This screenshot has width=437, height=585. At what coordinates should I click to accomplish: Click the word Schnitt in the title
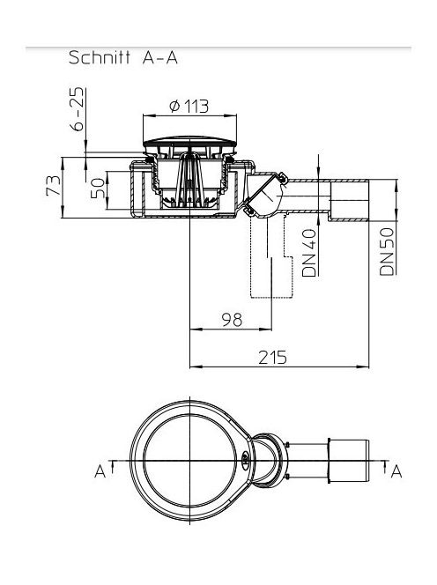pos(100,57)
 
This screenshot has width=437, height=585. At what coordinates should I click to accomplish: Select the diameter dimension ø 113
pos(189,107)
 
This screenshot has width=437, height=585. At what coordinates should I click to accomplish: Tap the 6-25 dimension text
pos(78,109)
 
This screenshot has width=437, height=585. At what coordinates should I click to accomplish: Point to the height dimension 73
pos(54,185)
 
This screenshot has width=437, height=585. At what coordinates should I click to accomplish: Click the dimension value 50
pos(98,188)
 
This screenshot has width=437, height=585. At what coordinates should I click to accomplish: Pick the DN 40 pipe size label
pos(309,253)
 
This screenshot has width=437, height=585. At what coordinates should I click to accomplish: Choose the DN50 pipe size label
pos(387,251)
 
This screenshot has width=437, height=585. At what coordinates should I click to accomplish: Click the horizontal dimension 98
pos(232,320)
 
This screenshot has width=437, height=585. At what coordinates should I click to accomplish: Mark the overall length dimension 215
pos(273,358)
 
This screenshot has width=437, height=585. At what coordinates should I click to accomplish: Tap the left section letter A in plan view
pos(100,471)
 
